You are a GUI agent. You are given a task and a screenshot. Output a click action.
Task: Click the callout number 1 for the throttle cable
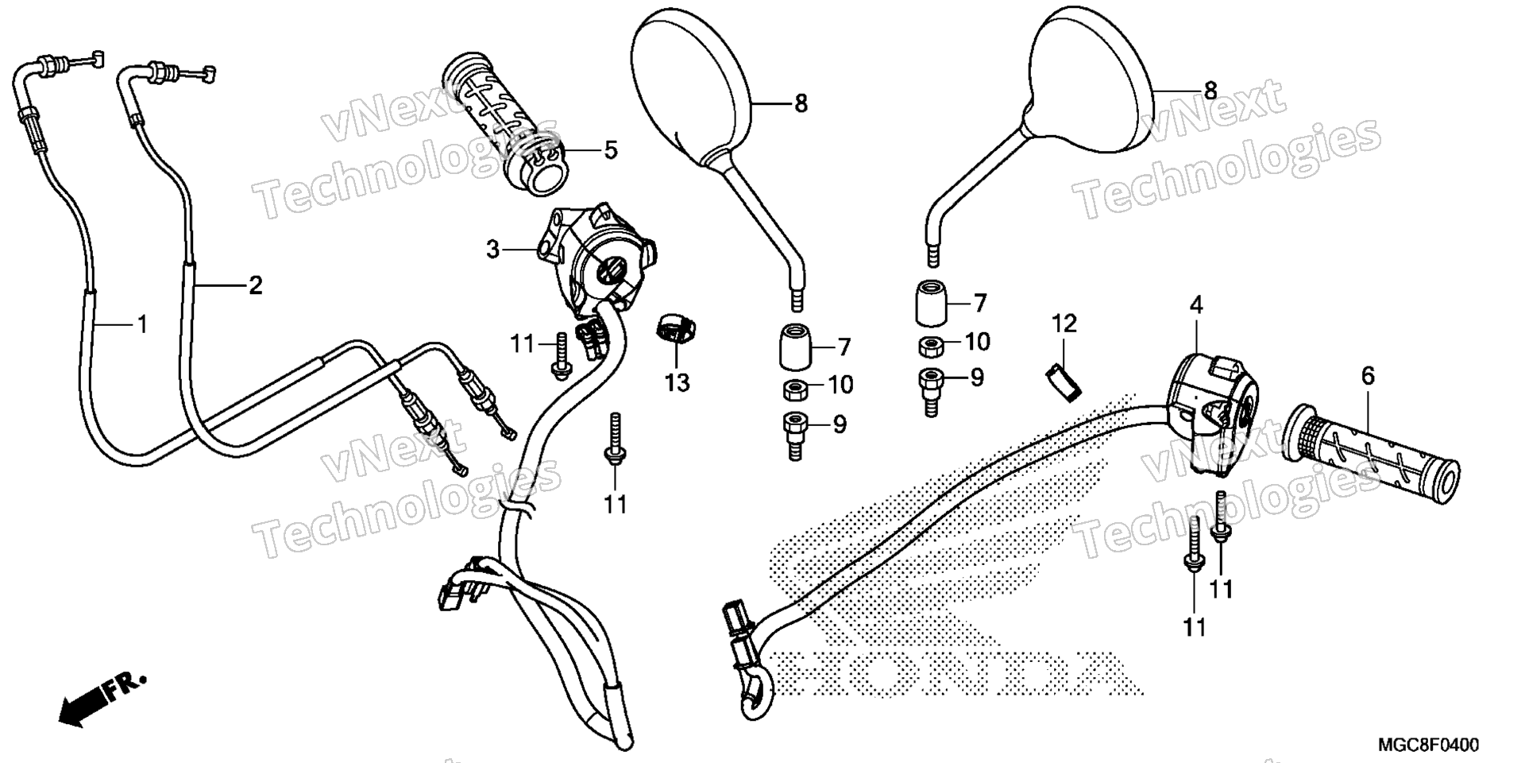tap(142, 324)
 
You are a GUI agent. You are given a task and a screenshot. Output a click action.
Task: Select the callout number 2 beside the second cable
tap(255, 285)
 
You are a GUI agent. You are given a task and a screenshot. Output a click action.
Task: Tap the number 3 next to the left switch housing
tap(493, 250)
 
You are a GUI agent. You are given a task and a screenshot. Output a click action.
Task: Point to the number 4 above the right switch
tap(1196, 304)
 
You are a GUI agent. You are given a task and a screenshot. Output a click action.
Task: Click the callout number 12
tap(1064, 323)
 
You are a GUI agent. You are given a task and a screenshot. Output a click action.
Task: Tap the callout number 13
tap(678, 383)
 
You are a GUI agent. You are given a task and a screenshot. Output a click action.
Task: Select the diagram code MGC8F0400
tap(1428, 745)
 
